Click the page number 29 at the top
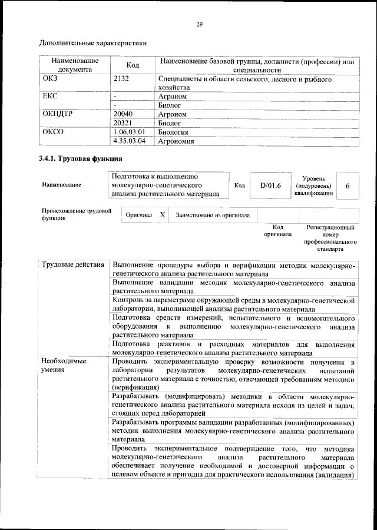(199, 24)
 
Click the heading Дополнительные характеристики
(92, 42)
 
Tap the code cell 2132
(121, 78)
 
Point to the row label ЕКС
(50, 95)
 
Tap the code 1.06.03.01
(129, 132)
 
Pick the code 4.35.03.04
(129, 141)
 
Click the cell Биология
(173, 132)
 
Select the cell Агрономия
(177, 141)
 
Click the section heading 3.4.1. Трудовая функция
(80, 159)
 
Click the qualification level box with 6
(348, 185)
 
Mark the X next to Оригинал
(163, 215)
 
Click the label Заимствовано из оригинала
(213, 215)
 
